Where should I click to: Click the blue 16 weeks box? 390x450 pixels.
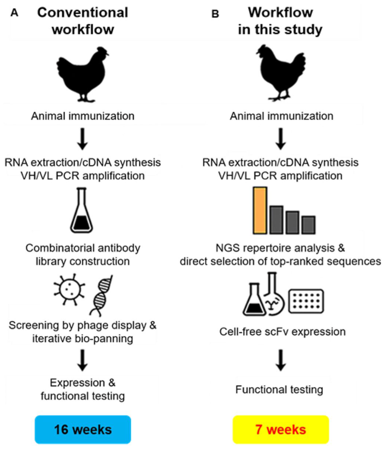click(x=82, y=429)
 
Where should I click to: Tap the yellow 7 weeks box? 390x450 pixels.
click(x=281, y=429)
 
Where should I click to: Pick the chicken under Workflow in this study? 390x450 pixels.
click(x=281, y=73)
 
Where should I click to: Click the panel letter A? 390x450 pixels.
click(x=15, y=13)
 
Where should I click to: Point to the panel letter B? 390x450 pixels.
click(x=215, y=14)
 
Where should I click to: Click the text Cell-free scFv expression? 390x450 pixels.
click(x=281, y=332)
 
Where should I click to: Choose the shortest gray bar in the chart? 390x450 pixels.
click(x=308, y=224)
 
